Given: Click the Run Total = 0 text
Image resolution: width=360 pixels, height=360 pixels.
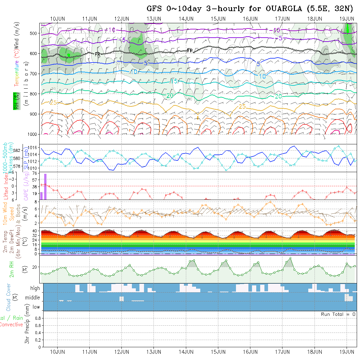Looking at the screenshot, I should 338,314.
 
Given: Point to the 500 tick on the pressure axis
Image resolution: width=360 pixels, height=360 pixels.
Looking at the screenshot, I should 34,33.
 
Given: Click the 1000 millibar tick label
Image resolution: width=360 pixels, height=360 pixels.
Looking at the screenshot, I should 32,134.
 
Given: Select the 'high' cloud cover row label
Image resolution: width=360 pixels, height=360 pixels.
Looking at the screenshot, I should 35,288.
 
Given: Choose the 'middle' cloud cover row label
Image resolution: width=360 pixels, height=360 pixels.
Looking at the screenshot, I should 33,298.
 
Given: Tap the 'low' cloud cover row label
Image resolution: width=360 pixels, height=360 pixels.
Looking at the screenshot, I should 36,307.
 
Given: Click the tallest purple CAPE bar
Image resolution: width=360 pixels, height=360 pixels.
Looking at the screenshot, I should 45,187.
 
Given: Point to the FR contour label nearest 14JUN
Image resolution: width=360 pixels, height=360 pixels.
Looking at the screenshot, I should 190,50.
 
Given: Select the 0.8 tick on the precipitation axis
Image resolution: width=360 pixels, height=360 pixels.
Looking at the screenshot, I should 37,318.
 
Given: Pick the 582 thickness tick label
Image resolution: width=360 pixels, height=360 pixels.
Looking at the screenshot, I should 18,150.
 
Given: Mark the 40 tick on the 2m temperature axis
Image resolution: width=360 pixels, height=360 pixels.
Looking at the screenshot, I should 34,231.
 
